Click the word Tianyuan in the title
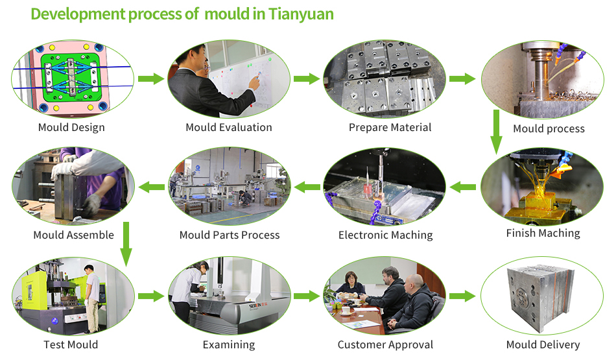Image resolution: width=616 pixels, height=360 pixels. (x=301, y=14)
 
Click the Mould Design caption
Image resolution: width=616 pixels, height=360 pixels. (x=71, y=127)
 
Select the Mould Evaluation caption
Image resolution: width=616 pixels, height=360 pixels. (x=229, y=127)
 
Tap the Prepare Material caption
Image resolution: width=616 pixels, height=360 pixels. (x=390, y=127)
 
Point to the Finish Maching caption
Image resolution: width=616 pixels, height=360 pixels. (x=543, y=233)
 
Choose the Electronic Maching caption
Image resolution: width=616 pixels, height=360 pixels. (x=385, y=235)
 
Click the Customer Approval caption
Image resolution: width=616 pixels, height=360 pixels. (x=385, y=344)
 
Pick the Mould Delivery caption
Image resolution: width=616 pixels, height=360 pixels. (x=543, y=344)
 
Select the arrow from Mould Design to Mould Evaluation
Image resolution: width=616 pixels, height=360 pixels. (x=151, y=78)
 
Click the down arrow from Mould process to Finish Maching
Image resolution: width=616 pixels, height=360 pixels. (x=496, y=132)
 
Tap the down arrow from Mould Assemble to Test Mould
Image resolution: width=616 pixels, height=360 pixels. (x=126, y=245)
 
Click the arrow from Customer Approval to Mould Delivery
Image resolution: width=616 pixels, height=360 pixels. (x=462, y=296)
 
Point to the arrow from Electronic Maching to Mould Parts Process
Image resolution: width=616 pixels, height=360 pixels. (x=307, y=187)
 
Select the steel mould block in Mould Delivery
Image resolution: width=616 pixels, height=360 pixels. (x=541, y=296)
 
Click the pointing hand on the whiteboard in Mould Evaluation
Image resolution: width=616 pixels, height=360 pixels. (x=255, y=82)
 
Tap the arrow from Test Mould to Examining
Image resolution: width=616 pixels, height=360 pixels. (x=151, y=296)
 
